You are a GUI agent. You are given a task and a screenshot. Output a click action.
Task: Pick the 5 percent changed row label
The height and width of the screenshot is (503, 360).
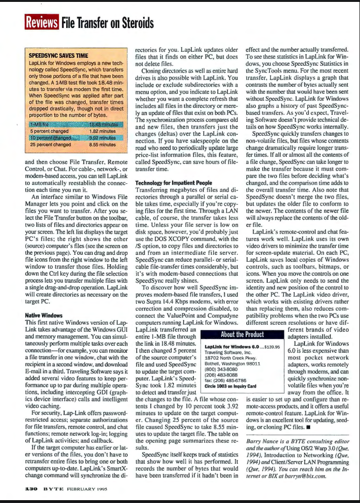50,131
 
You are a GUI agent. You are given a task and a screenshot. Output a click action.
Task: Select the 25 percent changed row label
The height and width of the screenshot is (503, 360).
50,145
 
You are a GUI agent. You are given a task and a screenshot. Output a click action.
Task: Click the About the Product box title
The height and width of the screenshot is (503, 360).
242,334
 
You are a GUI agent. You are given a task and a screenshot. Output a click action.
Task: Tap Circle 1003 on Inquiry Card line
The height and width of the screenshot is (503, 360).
231,386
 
